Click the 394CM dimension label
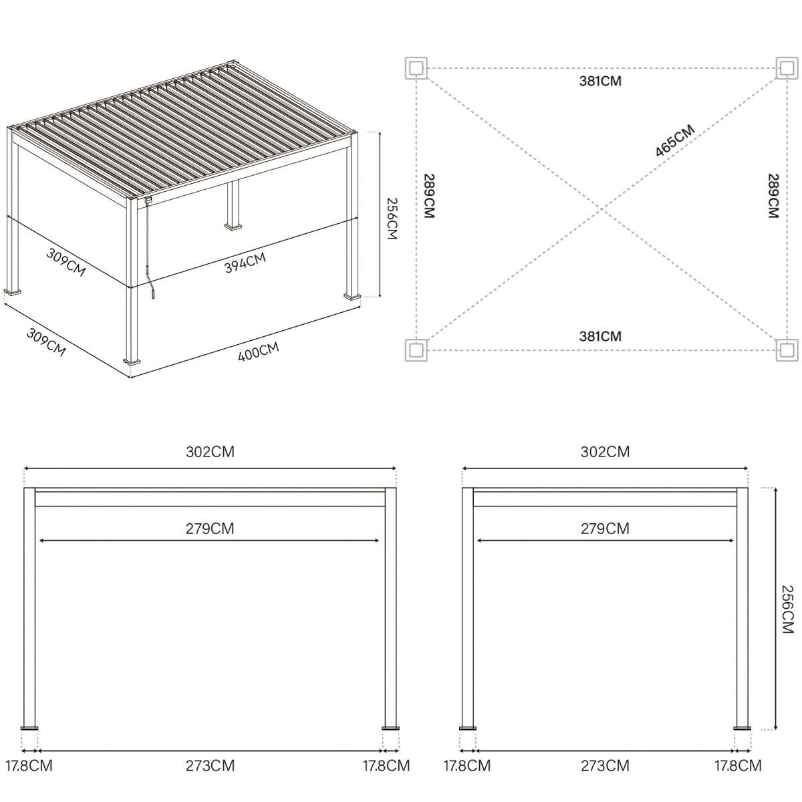(x=245, y=263)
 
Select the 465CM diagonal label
(x=674, y=141)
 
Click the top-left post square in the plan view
(x=416, y=68)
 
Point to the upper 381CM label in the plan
(x=600, y=82)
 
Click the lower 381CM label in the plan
(x=600, y=336)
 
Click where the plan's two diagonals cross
(x=601, y=209)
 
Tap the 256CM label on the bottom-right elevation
(x=787, y=610)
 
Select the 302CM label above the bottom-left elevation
(x=210, y=452)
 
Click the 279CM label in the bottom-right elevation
(x=605, y=529)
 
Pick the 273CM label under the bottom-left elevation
(x=210, y=766)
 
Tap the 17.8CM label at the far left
(x=29, y=766)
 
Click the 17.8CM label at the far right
(x=737, y=766)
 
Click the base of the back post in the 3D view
(x=233, y=227)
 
